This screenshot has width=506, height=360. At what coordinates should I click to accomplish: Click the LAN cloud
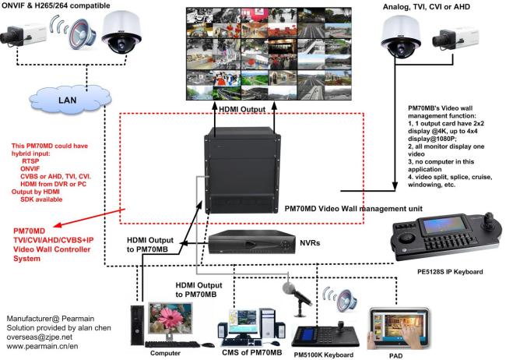point(70,99)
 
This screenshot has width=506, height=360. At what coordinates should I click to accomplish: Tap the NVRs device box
point(251,242)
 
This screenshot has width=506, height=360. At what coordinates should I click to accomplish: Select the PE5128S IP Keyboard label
point(450,272)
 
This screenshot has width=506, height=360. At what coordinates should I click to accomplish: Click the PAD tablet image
point(399,329)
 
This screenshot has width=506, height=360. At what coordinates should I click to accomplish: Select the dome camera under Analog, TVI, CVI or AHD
point(401,37)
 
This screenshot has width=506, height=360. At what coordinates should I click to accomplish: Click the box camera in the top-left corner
point(23,34)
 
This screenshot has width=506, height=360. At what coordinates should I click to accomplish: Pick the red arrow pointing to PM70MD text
point(89,217)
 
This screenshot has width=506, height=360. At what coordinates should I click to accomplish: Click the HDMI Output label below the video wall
point(242,110)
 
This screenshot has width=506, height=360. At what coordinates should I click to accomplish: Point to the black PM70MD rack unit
point(242,170)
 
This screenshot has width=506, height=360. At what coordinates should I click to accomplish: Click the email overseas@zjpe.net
point(40,337)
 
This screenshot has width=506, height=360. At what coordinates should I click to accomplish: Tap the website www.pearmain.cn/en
point(42,347)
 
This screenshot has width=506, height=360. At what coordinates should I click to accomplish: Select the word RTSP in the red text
point(30,161)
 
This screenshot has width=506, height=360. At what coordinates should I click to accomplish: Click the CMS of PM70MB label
point(251,352)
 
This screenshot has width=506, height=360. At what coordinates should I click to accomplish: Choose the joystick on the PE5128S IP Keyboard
point(489,222)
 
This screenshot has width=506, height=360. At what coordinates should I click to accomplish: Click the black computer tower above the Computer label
point(137,325)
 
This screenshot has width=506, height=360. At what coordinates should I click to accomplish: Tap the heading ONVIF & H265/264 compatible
point(55,5)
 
